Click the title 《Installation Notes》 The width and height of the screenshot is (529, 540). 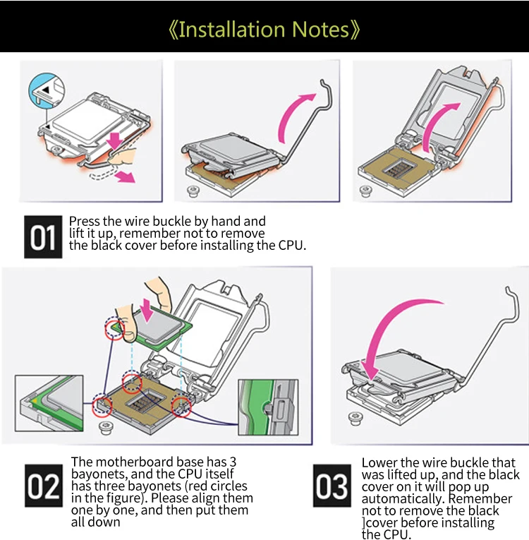pos(264,30)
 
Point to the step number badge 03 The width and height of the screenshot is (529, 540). pos(332,486)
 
